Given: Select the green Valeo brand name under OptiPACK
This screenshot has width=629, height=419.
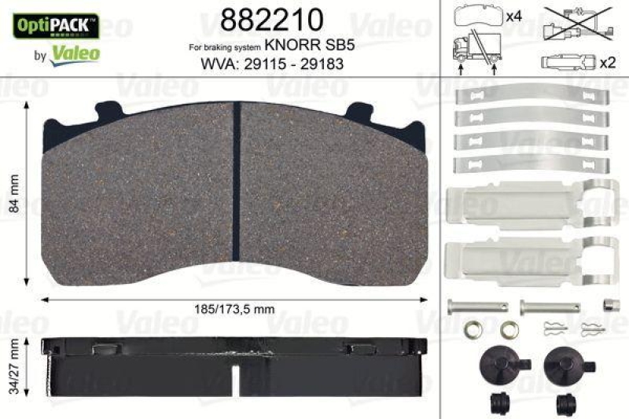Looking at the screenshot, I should pyautogui.click(x=75, y=53).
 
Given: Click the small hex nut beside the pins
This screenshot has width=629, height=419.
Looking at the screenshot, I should pyautogui.click(x=609, y=304).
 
